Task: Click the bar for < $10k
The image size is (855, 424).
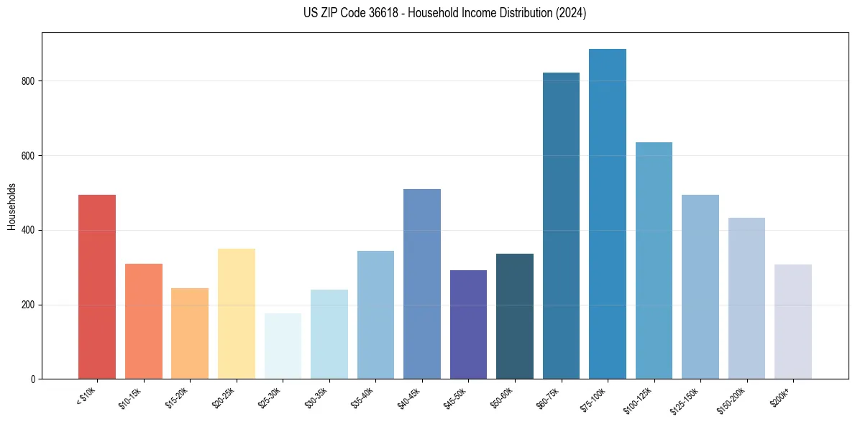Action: click(x=97, y=287)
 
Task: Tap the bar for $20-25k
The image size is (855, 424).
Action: click(x=236, y=313)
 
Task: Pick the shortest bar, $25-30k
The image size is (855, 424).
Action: click(x=283, y=346)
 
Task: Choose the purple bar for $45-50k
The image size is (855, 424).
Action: click(x=468, y=324)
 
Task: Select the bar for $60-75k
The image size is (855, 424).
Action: click(x=561, y=226)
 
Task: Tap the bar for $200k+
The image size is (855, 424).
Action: click(x=792, y=321)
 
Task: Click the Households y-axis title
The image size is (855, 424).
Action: click(x=12, y=206)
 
